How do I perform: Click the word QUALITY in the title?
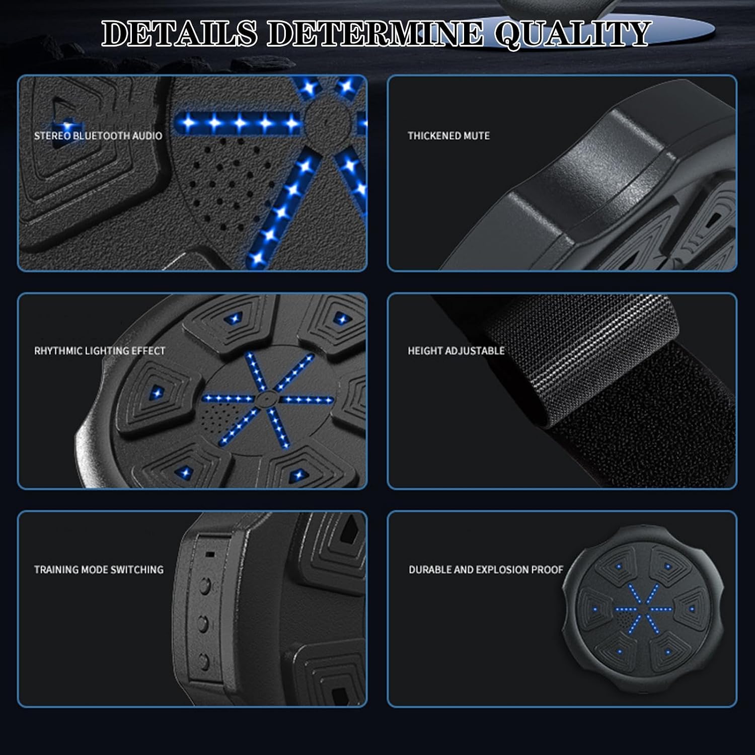point(573,34)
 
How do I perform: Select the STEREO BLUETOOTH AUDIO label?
point(98,135)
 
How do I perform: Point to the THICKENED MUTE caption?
point(448,135)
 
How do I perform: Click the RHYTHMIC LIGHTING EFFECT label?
point(100,351)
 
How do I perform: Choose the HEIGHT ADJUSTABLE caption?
point(456,351)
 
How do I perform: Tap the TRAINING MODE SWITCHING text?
point(99,570)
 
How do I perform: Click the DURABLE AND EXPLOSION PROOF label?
point(486,570)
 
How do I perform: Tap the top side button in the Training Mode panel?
point(205,585)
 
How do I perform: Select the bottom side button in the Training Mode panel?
point(204,659)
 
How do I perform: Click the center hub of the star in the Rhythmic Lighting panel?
point(263,399)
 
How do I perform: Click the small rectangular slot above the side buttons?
point(210,554)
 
